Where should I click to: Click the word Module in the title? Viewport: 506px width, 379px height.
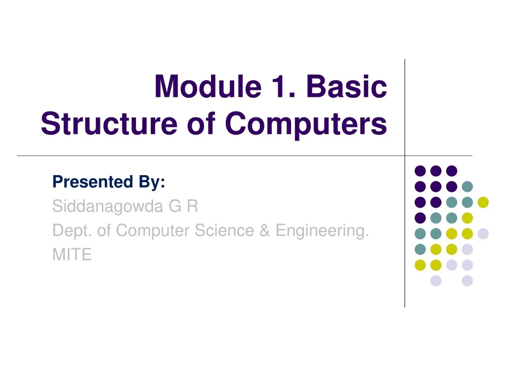point(208,86)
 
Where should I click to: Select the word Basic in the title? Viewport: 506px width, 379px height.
point(346,86)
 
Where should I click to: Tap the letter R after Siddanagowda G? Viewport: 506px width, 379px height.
point(193,206)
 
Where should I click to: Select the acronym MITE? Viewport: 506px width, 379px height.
point(72,255)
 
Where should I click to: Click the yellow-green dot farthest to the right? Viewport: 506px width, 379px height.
point(483,202)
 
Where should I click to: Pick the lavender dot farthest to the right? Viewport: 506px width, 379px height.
point(483,233)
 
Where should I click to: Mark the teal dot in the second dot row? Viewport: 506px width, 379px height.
point(467,187)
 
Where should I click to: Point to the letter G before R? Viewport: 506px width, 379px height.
point(175,206)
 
